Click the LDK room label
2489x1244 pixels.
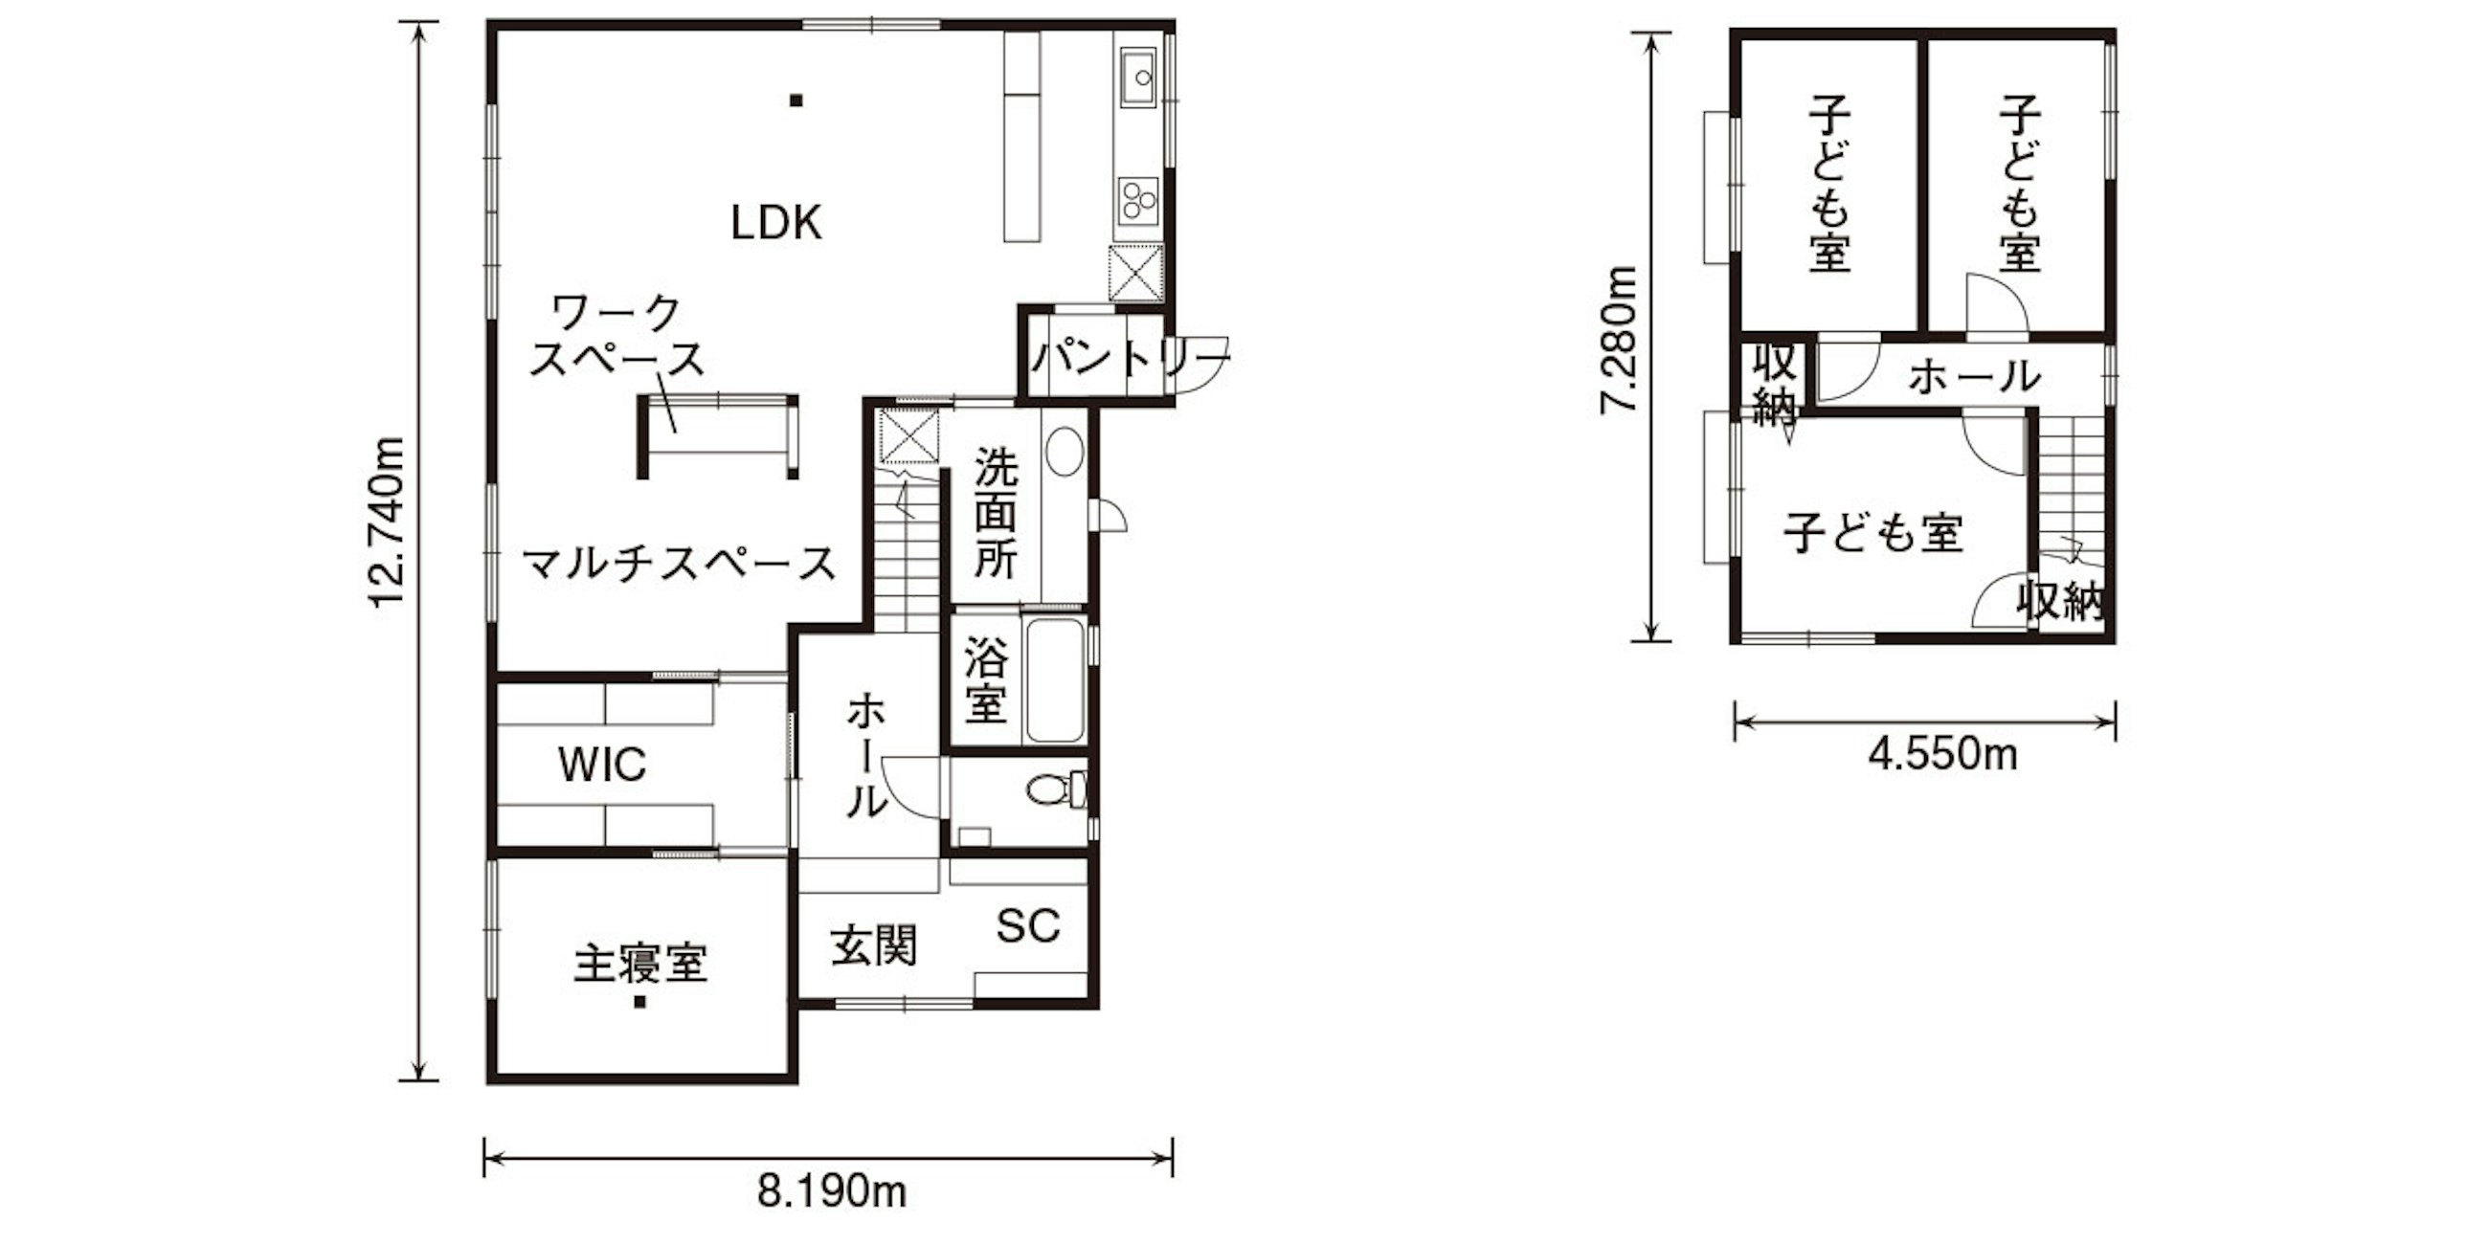click(775, 224)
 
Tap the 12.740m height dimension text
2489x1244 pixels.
click(388, 522)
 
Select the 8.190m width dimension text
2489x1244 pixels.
click(831, 1191)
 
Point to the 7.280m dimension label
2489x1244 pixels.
click(1618, 339)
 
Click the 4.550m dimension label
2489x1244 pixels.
click(1943, 754)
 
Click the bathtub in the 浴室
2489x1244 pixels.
click(1054, 681)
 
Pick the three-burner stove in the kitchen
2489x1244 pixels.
click(1138, 201)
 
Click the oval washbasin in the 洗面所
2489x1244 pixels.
click(1064, 450)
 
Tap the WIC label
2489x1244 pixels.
click(602, 765)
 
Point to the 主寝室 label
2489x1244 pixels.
click(640, 963)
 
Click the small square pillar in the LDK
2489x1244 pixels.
click(796, 100)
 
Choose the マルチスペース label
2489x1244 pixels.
click(680, 563)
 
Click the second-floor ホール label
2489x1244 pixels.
click(1975, 377)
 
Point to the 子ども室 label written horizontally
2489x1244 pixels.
click(1873, 532)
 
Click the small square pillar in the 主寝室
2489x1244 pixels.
click(639, 1003)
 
